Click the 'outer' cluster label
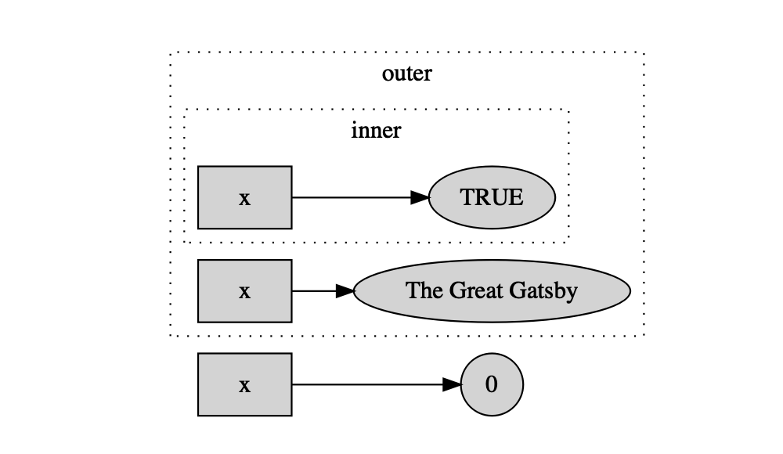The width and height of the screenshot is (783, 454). click(x=406, y=74)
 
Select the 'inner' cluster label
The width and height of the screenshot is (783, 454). click(x=376, y=131)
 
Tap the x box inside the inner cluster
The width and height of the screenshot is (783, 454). click(x=244, y=197)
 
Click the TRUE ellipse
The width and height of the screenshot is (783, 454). click(x=492, y=197)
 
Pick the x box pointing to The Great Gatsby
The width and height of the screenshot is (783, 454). click(x=244, y=290)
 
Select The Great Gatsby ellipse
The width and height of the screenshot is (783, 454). click(x=492, y=290)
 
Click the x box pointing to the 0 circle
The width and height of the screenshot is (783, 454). click(x=244, y=384)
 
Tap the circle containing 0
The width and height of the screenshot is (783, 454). click(x=492, y=384)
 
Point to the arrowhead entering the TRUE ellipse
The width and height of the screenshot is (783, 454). click(x=420, y=197)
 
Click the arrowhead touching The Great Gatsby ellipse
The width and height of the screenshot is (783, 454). click(x=345, y=290)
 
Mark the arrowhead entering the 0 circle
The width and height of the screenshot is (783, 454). click(x=452, y=384)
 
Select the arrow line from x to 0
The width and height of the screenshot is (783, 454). click(x=376, y=384)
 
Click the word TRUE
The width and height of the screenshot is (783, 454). click(x=492, y=197)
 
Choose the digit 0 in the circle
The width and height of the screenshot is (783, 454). click(x=492, y=384)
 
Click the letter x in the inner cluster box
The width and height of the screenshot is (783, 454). click(x=244, y=199)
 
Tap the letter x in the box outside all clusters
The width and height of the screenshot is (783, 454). click(x=244, y=386)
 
